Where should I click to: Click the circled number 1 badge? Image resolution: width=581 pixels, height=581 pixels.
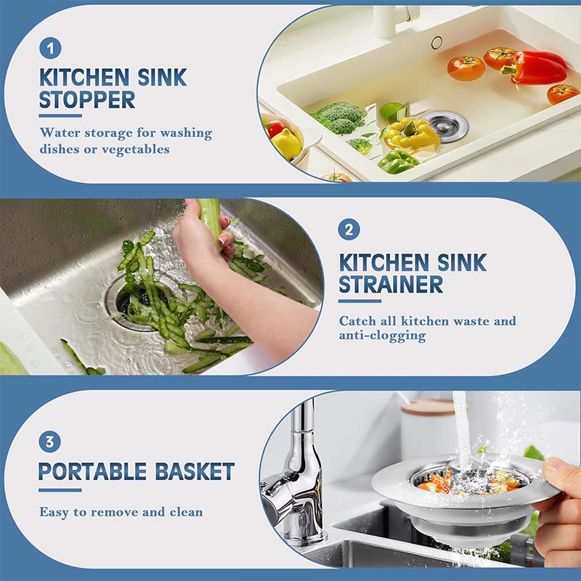[x=50, y=49]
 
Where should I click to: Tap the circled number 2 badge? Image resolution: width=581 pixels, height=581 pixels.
[x=349, y=230]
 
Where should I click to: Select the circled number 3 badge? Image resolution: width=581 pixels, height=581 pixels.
[x=50, y=442]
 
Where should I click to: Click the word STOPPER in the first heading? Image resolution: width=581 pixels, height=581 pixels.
[x=87, y=99]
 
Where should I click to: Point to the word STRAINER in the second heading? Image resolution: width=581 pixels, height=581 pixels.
[x=391, y=284]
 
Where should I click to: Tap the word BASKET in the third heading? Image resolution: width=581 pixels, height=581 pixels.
[x=195, y=471]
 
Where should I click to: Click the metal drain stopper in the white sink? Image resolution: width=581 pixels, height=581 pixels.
[x=444, y=125]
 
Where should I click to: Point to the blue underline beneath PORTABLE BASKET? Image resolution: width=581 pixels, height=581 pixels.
[x=60, y=490]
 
